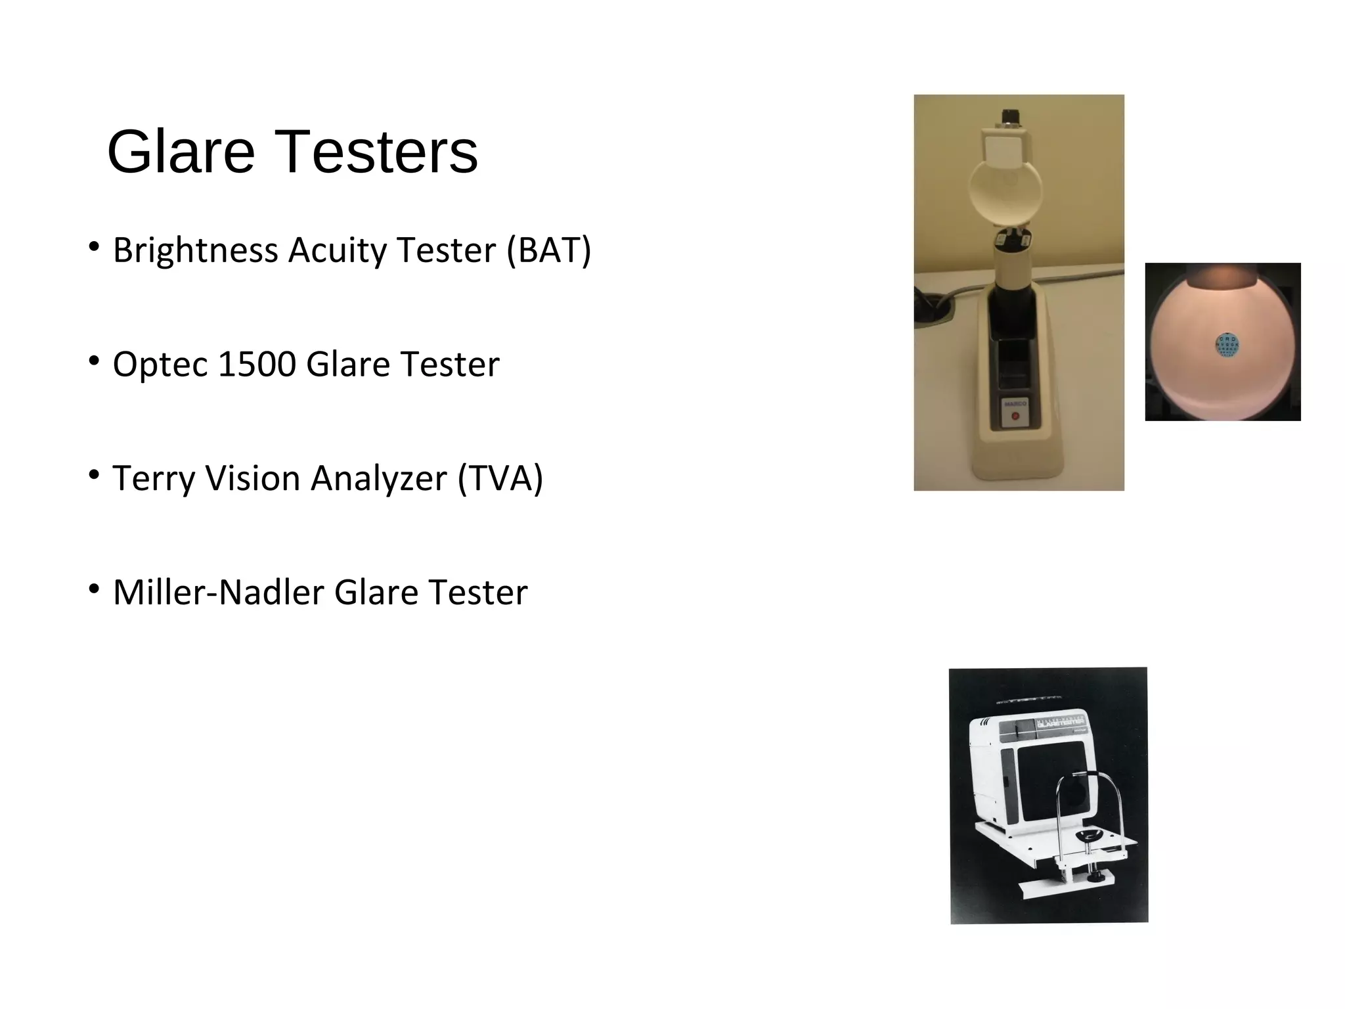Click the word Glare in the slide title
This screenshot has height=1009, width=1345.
coord(181,152)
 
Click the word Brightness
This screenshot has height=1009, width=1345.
coord(196,250)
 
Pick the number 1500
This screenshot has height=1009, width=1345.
coord(257,364)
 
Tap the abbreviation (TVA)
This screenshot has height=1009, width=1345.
coord(500,478)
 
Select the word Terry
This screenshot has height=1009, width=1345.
coord(154,478)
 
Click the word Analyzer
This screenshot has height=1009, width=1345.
coord(379,478)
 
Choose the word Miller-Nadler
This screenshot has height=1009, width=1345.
coord(219,592)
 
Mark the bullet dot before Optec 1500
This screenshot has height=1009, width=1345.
coord(95,361)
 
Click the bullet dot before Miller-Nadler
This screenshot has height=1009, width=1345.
coord(95,589)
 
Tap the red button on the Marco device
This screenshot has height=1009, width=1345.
coord(1015,416)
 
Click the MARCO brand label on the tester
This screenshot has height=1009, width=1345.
coord(1015,403)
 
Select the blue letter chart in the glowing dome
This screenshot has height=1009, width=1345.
coord(1227,346)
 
